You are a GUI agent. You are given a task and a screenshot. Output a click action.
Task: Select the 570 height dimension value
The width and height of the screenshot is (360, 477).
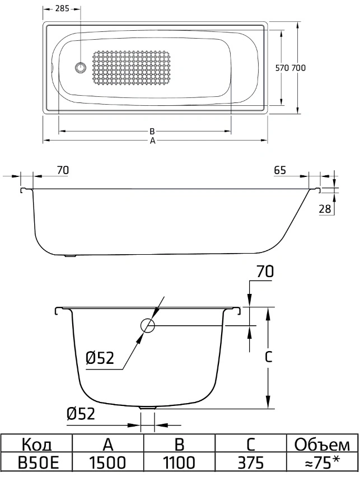[x=283, y=68]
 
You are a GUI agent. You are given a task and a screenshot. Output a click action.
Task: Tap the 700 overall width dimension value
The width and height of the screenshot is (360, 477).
[x=299, y=68]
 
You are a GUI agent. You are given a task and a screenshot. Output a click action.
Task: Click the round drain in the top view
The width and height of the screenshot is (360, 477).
[x=80, y=68]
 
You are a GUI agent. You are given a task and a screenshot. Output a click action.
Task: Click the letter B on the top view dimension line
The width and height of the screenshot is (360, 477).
[x=152, y=132]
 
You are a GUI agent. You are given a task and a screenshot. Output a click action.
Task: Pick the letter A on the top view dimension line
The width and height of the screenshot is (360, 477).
[x=152, y=141]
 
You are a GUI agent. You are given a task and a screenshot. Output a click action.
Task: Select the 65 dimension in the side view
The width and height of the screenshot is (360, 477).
[x=280, y=170]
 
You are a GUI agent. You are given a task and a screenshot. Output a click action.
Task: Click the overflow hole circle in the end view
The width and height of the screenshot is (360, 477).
[x=147, y=325]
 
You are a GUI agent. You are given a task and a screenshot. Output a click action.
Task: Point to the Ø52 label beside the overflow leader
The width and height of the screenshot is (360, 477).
[x=101, y=358]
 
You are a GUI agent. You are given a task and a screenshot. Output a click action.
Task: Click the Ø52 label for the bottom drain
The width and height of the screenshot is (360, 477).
[x=81, y=414]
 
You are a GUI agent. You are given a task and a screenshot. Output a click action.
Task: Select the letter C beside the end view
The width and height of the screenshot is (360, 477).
[x=269, y=356]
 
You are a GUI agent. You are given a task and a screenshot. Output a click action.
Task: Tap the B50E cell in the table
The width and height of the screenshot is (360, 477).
[x=37, y=464]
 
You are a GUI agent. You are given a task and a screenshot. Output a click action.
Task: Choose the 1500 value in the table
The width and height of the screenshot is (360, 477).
[x=109, y=464]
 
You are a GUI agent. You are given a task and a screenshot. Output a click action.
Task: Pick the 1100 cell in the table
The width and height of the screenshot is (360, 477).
[x=180, y=464]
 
